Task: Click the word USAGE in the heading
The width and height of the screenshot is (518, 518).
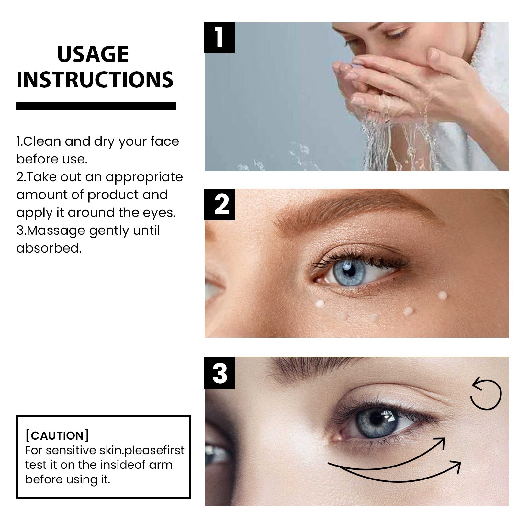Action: (93, 54)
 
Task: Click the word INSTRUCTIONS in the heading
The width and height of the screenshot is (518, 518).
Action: (95, 80)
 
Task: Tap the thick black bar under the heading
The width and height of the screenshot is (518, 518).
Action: (96, 106)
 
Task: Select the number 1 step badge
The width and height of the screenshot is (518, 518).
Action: (220, 38)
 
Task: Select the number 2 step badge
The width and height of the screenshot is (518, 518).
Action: (220, 204)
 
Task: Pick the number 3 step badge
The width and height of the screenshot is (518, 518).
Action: (220, 373)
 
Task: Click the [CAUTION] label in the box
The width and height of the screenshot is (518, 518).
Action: (57, 435)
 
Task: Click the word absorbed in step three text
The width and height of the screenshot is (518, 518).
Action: (49, 248)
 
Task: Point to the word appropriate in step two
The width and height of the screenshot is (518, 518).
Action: (144, 177)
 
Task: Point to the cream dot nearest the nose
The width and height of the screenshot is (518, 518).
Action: (320, 303)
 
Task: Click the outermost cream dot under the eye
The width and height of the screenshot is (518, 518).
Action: (443, 295)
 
